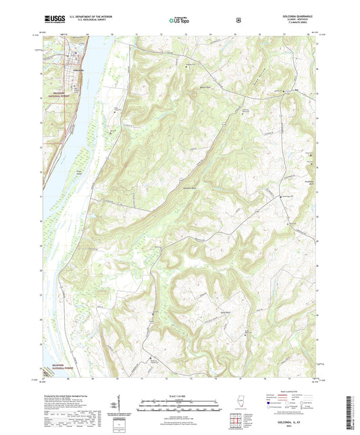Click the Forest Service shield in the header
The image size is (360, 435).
coord(238,20)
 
